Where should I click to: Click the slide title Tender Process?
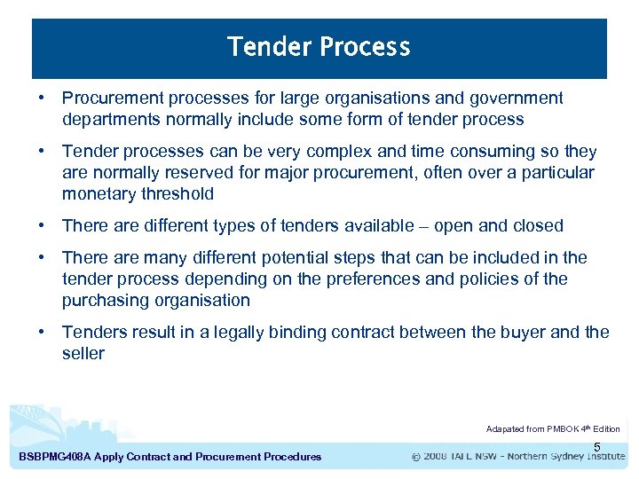(319, 47)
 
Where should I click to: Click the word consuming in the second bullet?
(492, 152)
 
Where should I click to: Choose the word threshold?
(177, 194)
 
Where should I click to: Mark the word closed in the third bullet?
(537, 226)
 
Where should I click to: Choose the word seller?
(83, 354)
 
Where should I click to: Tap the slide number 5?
(597, 446)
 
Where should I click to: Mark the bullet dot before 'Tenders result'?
(42, 333)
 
